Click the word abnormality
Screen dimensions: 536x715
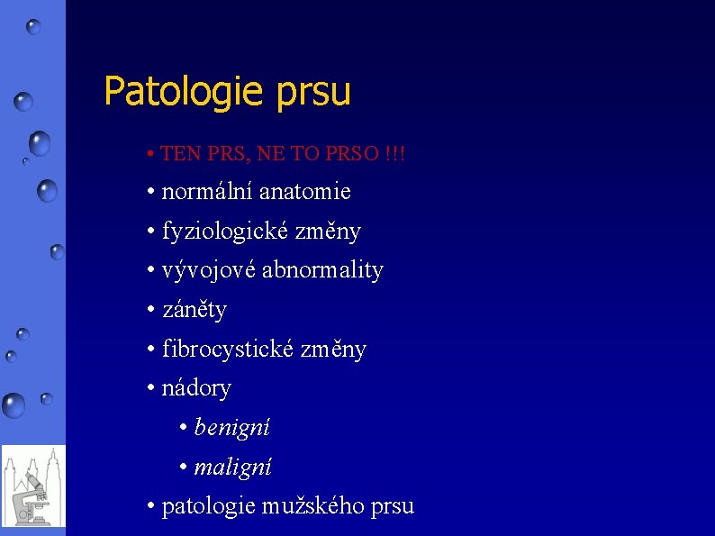(x=322, y=270)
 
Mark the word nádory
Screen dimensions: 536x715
(x=196, y=388)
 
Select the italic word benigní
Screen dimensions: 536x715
(x=231, y=427)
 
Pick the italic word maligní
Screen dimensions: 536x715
(x=232, y=467)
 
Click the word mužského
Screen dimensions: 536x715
(x=303, y=506)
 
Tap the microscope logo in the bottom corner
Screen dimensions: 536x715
(x=33, y=486)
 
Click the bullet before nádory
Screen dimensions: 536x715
(x=151, y=388)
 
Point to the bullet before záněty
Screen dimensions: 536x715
(x=151, y=310)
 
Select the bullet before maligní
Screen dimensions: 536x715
(x=184, y=467)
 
